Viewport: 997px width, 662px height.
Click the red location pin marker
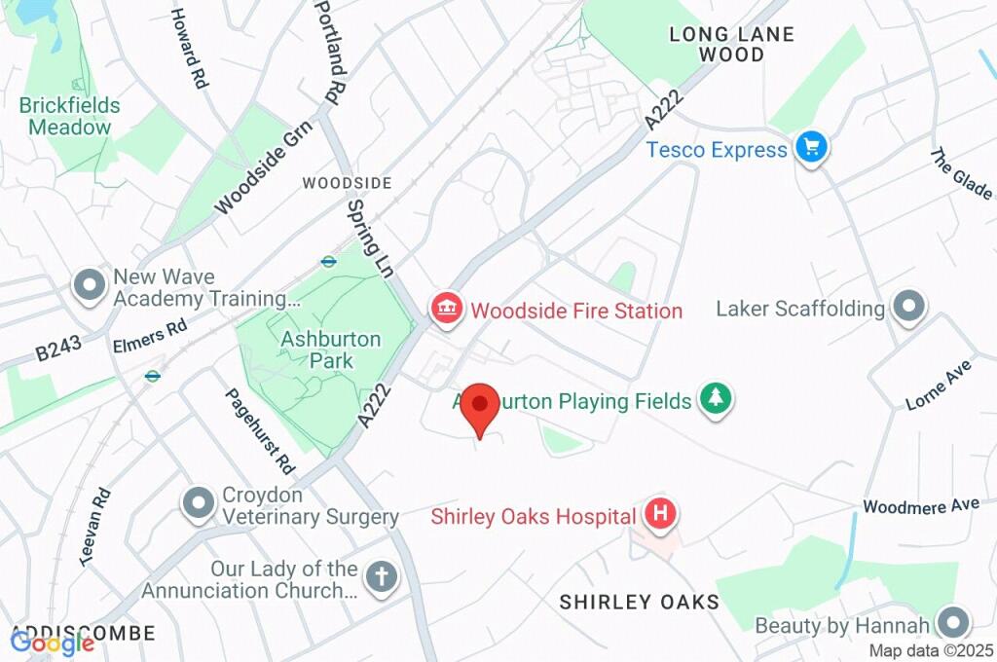479,404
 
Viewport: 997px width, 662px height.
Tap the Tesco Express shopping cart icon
810,149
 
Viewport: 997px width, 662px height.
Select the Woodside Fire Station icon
446,311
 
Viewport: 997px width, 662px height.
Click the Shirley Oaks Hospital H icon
660,515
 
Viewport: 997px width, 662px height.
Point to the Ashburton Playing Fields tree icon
717,399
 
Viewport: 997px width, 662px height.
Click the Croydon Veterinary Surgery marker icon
199,503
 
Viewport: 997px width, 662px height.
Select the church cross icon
381,577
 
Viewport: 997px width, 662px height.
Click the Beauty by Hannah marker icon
953,623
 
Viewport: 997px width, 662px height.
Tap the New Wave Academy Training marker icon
90,286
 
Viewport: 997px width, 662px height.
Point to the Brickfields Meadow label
69,116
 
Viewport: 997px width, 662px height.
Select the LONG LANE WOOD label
731,45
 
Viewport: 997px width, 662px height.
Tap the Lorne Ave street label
939,385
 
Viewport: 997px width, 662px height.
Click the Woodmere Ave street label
920,506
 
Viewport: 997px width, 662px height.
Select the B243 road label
58,349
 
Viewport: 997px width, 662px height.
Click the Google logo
52,643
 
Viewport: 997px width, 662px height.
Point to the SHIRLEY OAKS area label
639,602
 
